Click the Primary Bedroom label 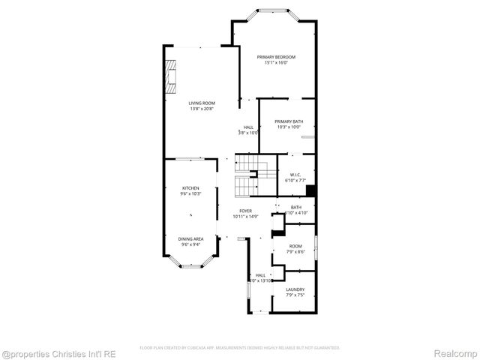pos(276,57)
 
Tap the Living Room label pos(201,103)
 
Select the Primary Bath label pos(288,121)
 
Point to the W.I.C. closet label pos(295,175)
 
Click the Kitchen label pos(190,188)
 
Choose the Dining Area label pos(190,239)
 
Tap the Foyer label pos(245,211)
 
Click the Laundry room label pos(295,289)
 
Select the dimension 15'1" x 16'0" pos(276,63)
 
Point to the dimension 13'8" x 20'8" pos(201,109)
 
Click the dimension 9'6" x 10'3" pos(190,194)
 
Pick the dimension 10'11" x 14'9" pos(245,217)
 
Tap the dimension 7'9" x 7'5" pos(295,295)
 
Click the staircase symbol pos(247,174)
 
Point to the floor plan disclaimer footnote pos(240,348)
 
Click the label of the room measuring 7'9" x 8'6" pos(295,247)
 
